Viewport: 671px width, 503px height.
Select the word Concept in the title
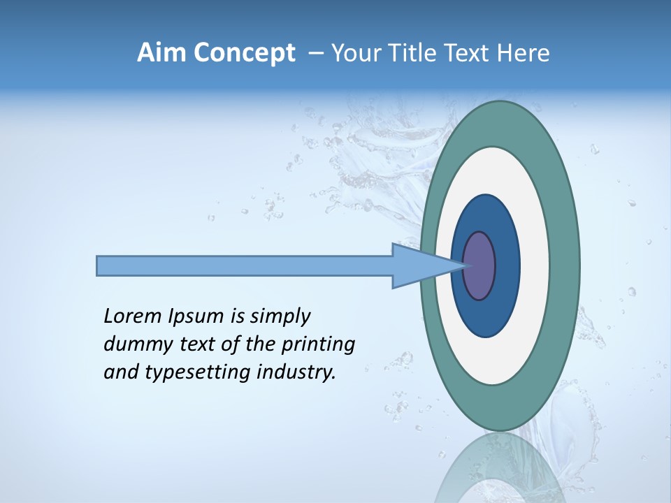[x=244, y=53]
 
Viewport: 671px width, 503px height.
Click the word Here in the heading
[x=524, y=53]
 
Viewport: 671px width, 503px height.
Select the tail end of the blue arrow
[x=99, y=265]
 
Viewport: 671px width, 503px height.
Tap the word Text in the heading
[x=468, y=53]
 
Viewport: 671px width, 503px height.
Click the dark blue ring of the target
[x=506, y=265]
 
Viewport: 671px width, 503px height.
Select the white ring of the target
[x=534, y=265]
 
